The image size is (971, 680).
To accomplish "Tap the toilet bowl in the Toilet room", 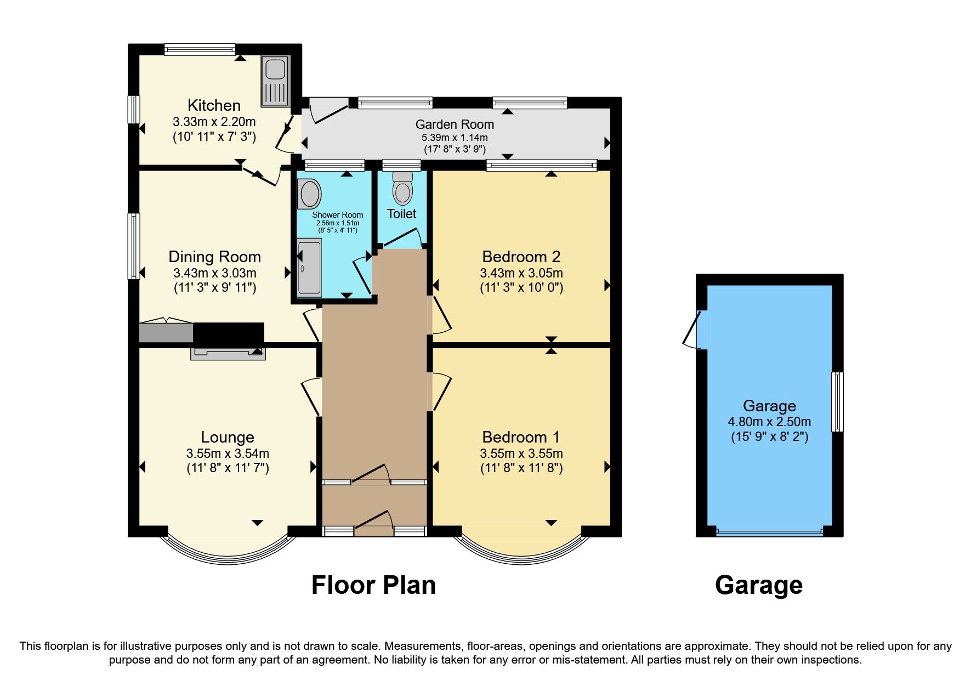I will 403,191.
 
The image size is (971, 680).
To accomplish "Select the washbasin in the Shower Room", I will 310,195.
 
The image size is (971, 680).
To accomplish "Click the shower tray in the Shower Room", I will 309,268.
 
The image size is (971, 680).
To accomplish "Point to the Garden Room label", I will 455,124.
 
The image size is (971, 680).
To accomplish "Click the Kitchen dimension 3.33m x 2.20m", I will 214,122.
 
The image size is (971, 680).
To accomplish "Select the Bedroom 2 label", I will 521,257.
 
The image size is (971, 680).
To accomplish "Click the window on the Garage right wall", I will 837,401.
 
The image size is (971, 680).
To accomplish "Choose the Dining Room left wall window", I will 134,246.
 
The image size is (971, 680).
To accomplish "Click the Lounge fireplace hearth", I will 228,354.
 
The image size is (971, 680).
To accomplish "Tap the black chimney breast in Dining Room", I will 228,333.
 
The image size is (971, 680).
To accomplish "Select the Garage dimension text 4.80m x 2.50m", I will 769,422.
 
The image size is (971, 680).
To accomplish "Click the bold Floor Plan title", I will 373,585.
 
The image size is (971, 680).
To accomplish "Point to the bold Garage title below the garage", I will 758,585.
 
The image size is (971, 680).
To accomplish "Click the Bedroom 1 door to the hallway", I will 441,391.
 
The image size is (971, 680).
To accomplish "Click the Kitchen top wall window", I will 200,50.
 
